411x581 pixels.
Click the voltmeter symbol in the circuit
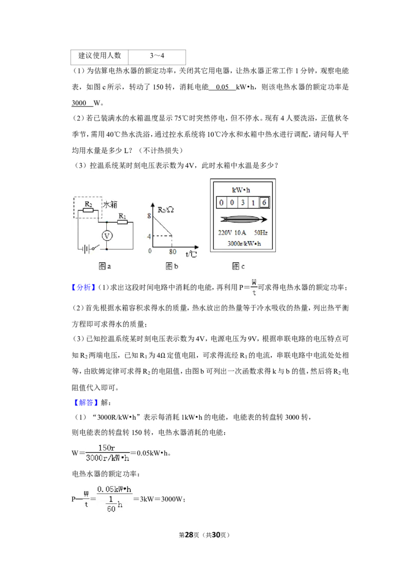click(x=107, y=236)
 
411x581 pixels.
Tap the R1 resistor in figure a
click(x=122, y=222)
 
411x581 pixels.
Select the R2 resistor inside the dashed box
click(x=88, y=210)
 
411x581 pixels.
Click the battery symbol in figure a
click(x=86, y=248)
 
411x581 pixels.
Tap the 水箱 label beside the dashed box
click(x=110, y=204)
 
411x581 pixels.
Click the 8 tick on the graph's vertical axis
click(x=149, y=216)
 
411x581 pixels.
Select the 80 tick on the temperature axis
click(x=173, y=252)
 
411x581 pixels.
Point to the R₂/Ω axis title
click(x=165, y=210)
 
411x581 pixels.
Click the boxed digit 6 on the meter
click(x=264, y=202)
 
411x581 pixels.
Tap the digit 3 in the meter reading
click(x=242, y=203)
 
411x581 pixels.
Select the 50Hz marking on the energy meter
click(x=260, y=233)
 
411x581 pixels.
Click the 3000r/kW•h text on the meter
click(x=244, y=243)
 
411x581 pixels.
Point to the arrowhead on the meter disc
click(x=263, y=219)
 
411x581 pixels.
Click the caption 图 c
click(x=238, y=266)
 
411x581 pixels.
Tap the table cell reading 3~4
click(x=157, y=55)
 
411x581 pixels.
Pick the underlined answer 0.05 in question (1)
click(x=222, y=87)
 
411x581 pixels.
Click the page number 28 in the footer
click(x=189, y=535)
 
